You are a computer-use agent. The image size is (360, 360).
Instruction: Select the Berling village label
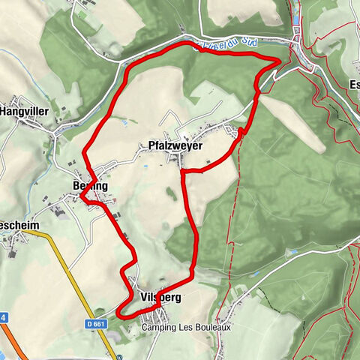90,185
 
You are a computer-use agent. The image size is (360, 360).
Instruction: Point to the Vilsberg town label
160,297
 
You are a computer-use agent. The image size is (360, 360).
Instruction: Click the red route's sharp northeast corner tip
280,60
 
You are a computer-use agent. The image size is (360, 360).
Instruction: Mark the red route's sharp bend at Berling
81,196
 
